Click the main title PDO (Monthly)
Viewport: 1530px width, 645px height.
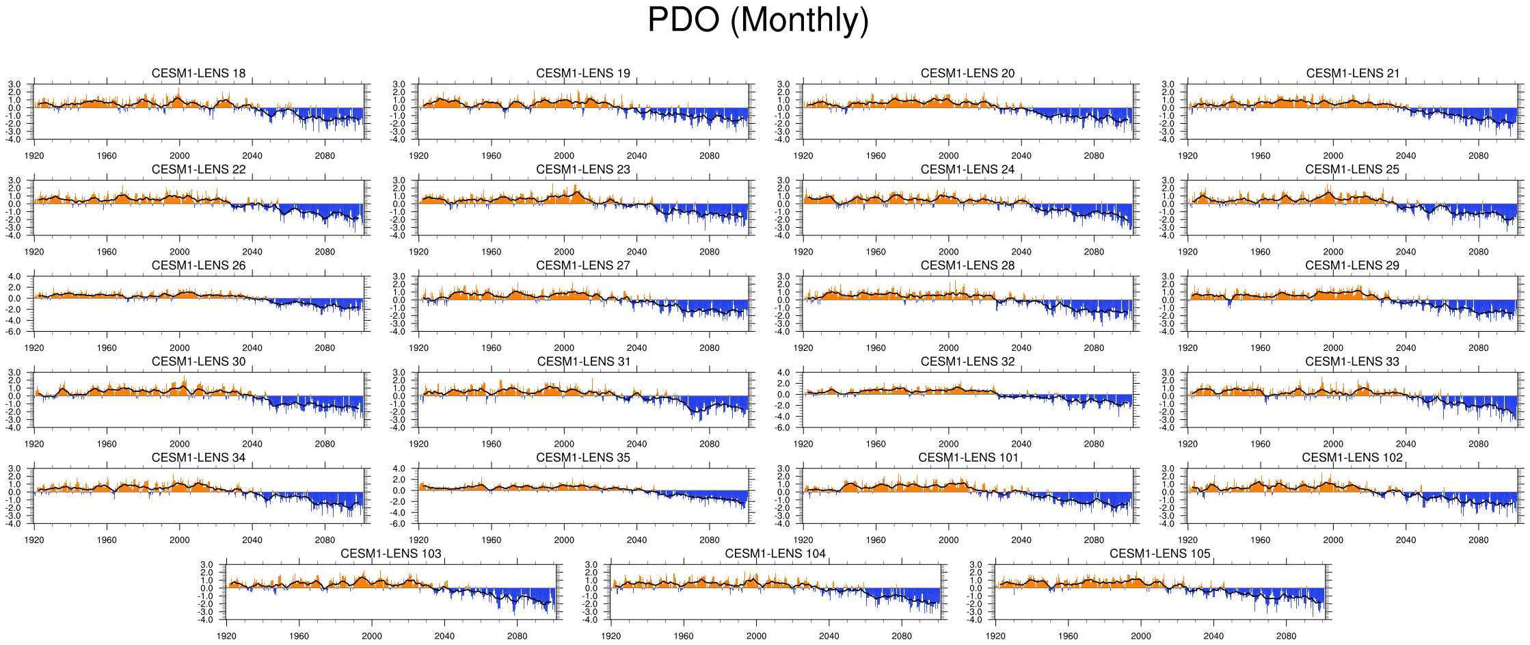pos(757,20)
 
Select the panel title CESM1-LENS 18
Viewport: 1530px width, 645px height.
pos(198,73)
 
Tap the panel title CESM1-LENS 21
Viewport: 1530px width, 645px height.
pos(1352,73)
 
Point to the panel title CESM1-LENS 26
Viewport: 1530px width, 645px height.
pos(198,265)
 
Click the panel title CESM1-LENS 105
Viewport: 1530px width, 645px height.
pos(1159,553)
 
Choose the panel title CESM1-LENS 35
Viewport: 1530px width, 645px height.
pos(583,458)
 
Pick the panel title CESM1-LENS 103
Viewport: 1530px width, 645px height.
pos(390,553)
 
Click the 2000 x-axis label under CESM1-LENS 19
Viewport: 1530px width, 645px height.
pos(564,156)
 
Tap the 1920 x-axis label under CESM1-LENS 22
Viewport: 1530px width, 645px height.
pos(34,252)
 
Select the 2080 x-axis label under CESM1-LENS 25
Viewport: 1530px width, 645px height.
pos(1478,252)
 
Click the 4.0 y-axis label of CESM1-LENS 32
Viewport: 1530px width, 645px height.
pos(784,373)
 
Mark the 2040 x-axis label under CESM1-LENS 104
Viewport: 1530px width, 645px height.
pos(829,636)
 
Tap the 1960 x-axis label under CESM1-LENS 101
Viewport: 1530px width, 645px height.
pos(876,540)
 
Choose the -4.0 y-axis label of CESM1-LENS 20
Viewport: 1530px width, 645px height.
pos(783,140)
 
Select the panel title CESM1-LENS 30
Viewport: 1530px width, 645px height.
pos(198,361)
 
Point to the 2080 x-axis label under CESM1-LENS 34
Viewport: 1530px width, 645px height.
pos(325,540)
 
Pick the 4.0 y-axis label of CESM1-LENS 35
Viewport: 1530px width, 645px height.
pos(400,469)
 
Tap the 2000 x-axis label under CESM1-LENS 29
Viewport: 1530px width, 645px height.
pos(1333,347)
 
